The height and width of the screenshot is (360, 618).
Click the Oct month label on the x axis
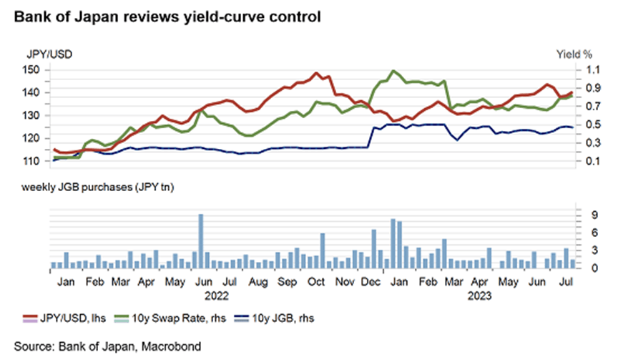[315, 282]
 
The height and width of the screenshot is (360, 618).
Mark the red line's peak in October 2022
[315, 73]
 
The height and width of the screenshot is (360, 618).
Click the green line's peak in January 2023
[393, 71]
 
